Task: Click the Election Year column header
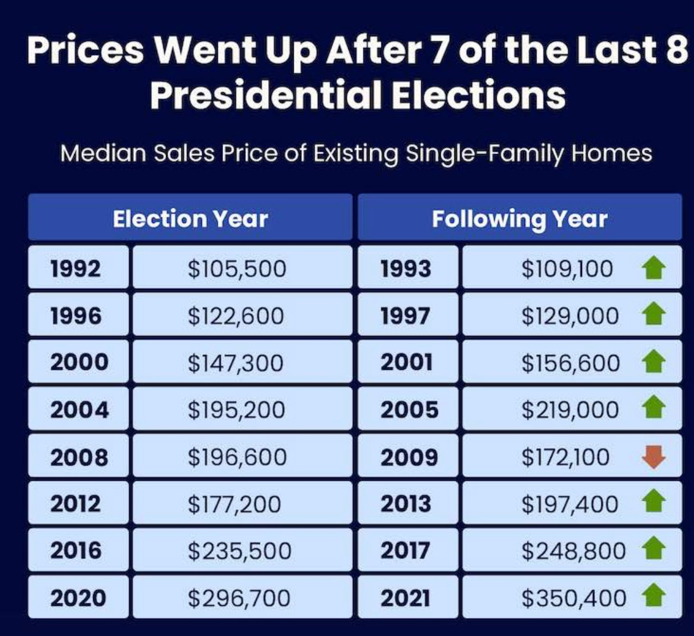[x=190, y=219]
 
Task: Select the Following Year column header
[x=520, y=219]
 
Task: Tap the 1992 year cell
[x=76, y=269]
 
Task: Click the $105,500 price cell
[x=237, y=269]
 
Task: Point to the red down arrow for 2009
[x=654, y=457]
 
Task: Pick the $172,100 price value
[x=565, y=457]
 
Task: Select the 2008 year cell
[x=79, y=457]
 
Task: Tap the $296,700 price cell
[x=239, y=597]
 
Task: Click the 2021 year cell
[x=405, y=597]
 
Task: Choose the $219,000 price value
[x=570, y=410]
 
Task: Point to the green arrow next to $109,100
[x=654, y=269]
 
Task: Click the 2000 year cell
[x=79, y=362]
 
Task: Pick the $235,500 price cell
[x=239, y=551]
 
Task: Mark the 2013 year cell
[x=406, y=504]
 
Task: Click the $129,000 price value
[x=569, y=315]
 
